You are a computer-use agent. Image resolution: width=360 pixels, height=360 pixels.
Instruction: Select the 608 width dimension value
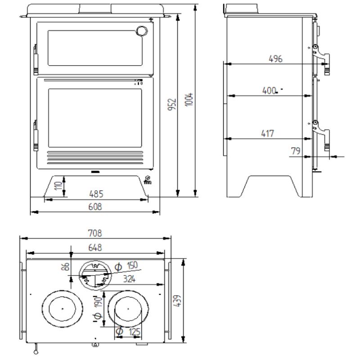(x=96, y=207)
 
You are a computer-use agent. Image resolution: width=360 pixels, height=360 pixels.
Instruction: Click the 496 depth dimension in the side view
(x=275, y=59)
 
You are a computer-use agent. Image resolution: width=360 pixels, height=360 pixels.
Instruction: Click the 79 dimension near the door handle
(x=296, y=151)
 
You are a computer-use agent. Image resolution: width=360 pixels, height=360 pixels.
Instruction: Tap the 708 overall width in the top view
(x=95, y=233)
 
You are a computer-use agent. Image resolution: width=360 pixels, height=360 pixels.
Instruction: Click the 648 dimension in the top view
(x=95, y=247)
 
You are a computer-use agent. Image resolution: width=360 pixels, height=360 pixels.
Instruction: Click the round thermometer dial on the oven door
(x=141, y=31)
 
